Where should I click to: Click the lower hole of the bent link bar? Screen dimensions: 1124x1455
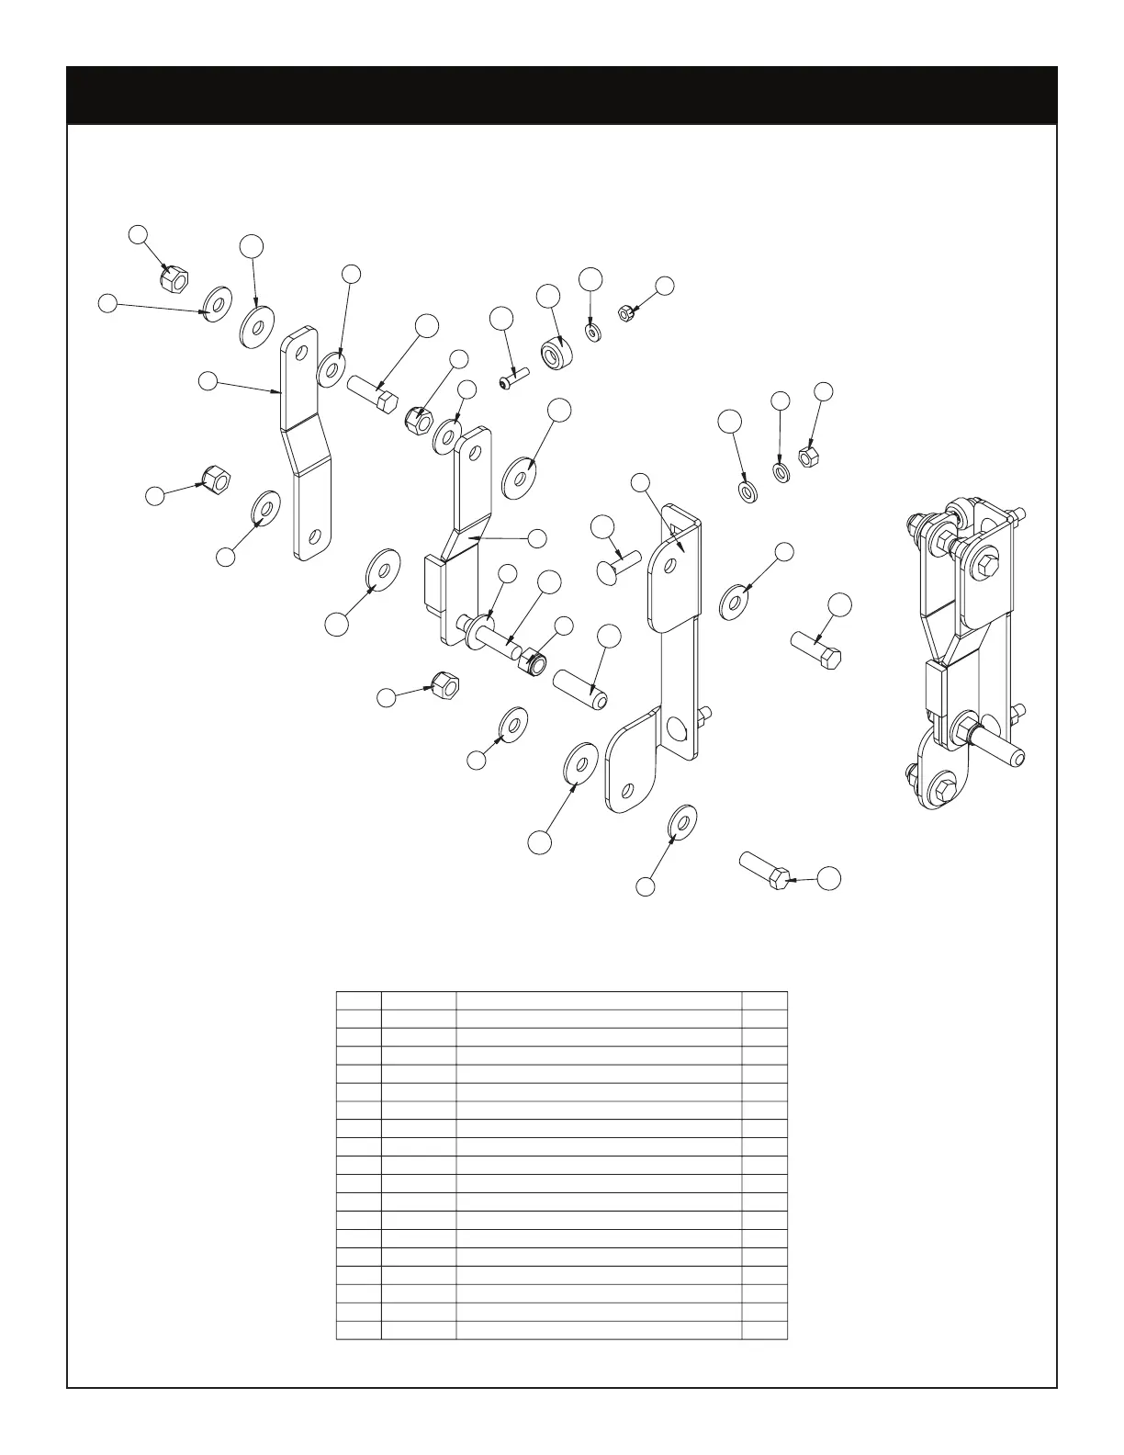[x=314, y=536]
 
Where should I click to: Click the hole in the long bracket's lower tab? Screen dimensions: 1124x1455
[x=628, y=788]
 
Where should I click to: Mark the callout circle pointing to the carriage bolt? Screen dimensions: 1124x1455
[x=602, y=526]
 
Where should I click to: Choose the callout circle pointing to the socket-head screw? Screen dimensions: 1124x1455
[x=501, y=320]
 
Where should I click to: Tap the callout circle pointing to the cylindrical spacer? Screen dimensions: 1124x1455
[x=548, y=295]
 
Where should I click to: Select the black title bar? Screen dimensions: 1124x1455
[x=561, y=95]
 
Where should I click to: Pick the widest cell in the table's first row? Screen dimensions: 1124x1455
[x=599, y=1000]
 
